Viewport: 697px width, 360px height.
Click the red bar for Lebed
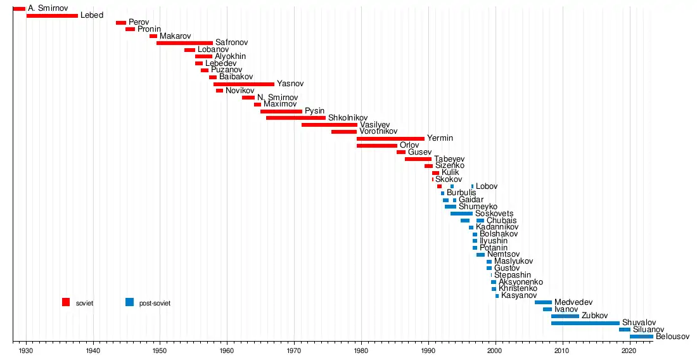tap(52, 15)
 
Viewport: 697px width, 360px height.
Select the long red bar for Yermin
tap(390, 138)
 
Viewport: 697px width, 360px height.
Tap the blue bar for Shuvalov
tap(585, 323)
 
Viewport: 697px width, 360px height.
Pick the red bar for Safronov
tap(184, 43)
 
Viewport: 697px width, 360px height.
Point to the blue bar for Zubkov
tap(565, 316)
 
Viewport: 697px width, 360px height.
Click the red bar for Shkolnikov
tap(296, 118)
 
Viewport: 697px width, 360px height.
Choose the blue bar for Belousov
tap(641, 337)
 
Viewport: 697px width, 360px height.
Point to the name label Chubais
tap(501, 221)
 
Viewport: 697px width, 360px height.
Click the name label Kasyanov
tap(519, 295)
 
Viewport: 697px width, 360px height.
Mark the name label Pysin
tap(314, 111)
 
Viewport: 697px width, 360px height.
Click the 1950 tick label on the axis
tap(160, 350)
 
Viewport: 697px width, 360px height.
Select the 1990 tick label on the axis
tap(428, 350)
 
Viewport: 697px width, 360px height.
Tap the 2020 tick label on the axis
tap(629, 350)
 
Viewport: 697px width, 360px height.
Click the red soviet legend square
tap(66, 302)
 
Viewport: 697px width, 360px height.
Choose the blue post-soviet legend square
tap(130, 302)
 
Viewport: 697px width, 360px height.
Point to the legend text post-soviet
tap(155, 304)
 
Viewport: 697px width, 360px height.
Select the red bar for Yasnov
tap(244, 84)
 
